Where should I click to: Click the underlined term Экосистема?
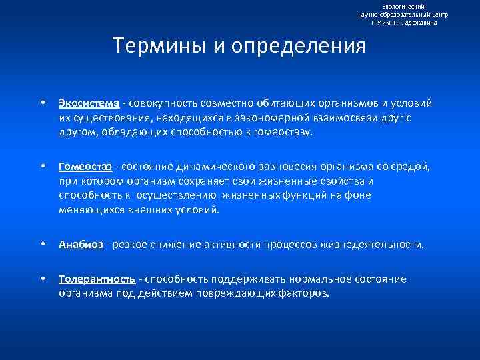pos(89,103)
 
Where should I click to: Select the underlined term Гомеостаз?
pos(85,166)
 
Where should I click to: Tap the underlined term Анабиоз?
pos(81,245)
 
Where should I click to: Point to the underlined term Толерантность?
pos(97,279)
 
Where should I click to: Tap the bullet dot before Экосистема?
pos(42,104)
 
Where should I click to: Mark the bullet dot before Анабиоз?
pos(42,245)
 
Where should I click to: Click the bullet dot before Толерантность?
pos(42,279)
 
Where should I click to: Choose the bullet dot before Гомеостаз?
pos(42,166)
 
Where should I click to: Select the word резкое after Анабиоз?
pos(130,245)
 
